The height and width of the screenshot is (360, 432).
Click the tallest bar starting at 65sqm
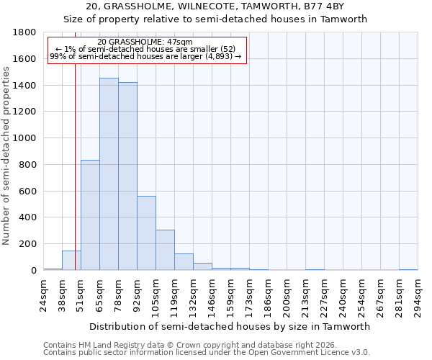109,174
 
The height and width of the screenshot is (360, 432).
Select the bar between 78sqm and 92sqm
127,176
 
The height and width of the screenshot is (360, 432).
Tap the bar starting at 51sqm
90,215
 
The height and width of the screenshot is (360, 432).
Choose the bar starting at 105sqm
165,250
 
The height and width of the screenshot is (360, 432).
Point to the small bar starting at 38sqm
71,261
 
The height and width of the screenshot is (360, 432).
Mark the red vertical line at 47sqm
75,166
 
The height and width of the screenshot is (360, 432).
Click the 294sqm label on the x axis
418,295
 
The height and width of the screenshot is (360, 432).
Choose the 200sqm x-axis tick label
287,295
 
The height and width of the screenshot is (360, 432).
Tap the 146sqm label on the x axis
212,295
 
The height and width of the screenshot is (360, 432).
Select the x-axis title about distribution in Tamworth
230,326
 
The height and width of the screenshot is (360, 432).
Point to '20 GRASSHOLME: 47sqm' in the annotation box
145,42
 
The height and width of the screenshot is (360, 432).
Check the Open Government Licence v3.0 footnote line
207,353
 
